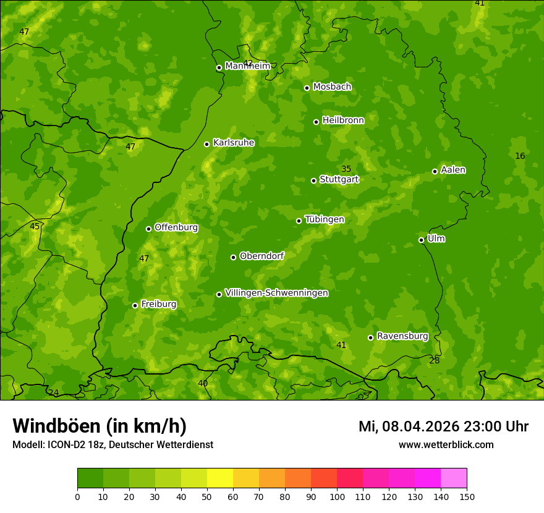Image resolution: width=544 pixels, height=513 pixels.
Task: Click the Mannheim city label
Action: pyautogui.click(x=247, y=66)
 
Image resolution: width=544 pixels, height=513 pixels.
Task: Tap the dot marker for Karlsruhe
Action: pyautogui.click(x=206, y=144)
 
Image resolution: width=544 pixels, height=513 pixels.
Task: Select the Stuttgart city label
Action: pyautogui.click(x=339, y=180)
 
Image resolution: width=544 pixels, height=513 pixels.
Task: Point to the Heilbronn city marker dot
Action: pyautogui.click(x=316, y=122)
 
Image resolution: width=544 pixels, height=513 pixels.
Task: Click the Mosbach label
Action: pyautogui.click(x=332, y=87)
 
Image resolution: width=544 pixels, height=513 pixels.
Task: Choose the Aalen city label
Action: pyautogui.click(x=453, y=170)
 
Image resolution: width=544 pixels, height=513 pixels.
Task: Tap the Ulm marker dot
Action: pyautogui.click(x=421, y=240)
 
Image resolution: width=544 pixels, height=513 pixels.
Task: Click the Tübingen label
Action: pyautogui.click(x=325, y=219)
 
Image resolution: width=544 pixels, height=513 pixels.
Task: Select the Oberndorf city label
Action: pyautogui.click(x=262, y=256)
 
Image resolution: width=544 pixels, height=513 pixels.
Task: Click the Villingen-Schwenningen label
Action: pyautogui.click(x=276, y=293)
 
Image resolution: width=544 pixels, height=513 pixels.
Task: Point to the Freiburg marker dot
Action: pyautogui.click(x=135, y=305)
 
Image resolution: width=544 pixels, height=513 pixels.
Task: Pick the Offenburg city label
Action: pyautogui.click(x=176, y=227)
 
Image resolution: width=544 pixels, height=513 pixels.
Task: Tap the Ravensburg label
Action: pyautogui.click(x=402, y=336)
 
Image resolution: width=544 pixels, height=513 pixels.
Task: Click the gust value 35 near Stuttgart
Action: pyautogui.click(x=346, y=169)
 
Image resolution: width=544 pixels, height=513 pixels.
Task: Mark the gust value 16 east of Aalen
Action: pyautogui.click(x=520, y=156)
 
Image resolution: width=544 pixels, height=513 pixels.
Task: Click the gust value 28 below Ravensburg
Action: pyautogui.click(x=435, y=360)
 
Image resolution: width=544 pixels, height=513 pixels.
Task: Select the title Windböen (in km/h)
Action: pyautogui.click(x=100, y=426)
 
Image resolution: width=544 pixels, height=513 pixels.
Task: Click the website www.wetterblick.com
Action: pyautogui.click(x=446, y=444)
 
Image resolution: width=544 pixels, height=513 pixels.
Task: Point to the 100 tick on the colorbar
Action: pyautogui.click(x=337, y=496)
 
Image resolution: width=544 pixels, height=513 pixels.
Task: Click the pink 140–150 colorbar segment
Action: pyautogui.click(x=454, y=478)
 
